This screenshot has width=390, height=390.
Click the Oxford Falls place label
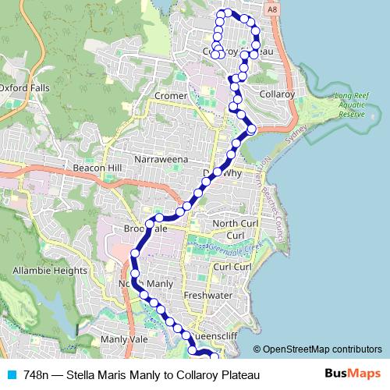pyautogui.click(x=24, y=87)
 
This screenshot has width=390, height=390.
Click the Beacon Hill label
pyautogui.click(x=97, y=168)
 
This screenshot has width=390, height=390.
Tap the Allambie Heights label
pyautogui.click(x=49, y=271)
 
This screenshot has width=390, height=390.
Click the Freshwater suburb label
pyautogui.click(x=208, y=296)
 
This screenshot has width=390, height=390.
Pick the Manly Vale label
pyautogui.click(x=124, y=340)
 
